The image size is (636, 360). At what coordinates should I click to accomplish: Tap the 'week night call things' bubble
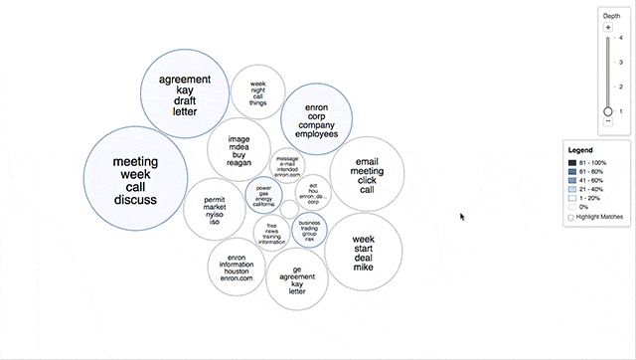point(258,93)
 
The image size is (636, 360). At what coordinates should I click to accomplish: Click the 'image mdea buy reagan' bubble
point(238,149)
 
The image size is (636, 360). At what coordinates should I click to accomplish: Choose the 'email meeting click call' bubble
point(367,174)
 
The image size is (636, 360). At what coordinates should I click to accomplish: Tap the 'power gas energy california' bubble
point(263,194)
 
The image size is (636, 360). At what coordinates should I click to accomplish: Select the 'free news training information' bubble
point(271,233)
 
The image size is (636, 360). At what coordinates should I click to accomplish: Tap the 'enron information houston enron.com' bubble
point(237,266)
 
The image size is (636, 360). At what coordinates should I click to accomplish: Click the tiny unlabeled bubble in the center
point(288,209)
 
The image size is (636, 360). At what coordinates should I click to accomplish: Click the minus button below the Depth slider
point(608,122)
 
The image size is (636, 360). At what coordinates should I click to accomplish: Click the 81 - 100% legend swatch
point(572,162)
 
